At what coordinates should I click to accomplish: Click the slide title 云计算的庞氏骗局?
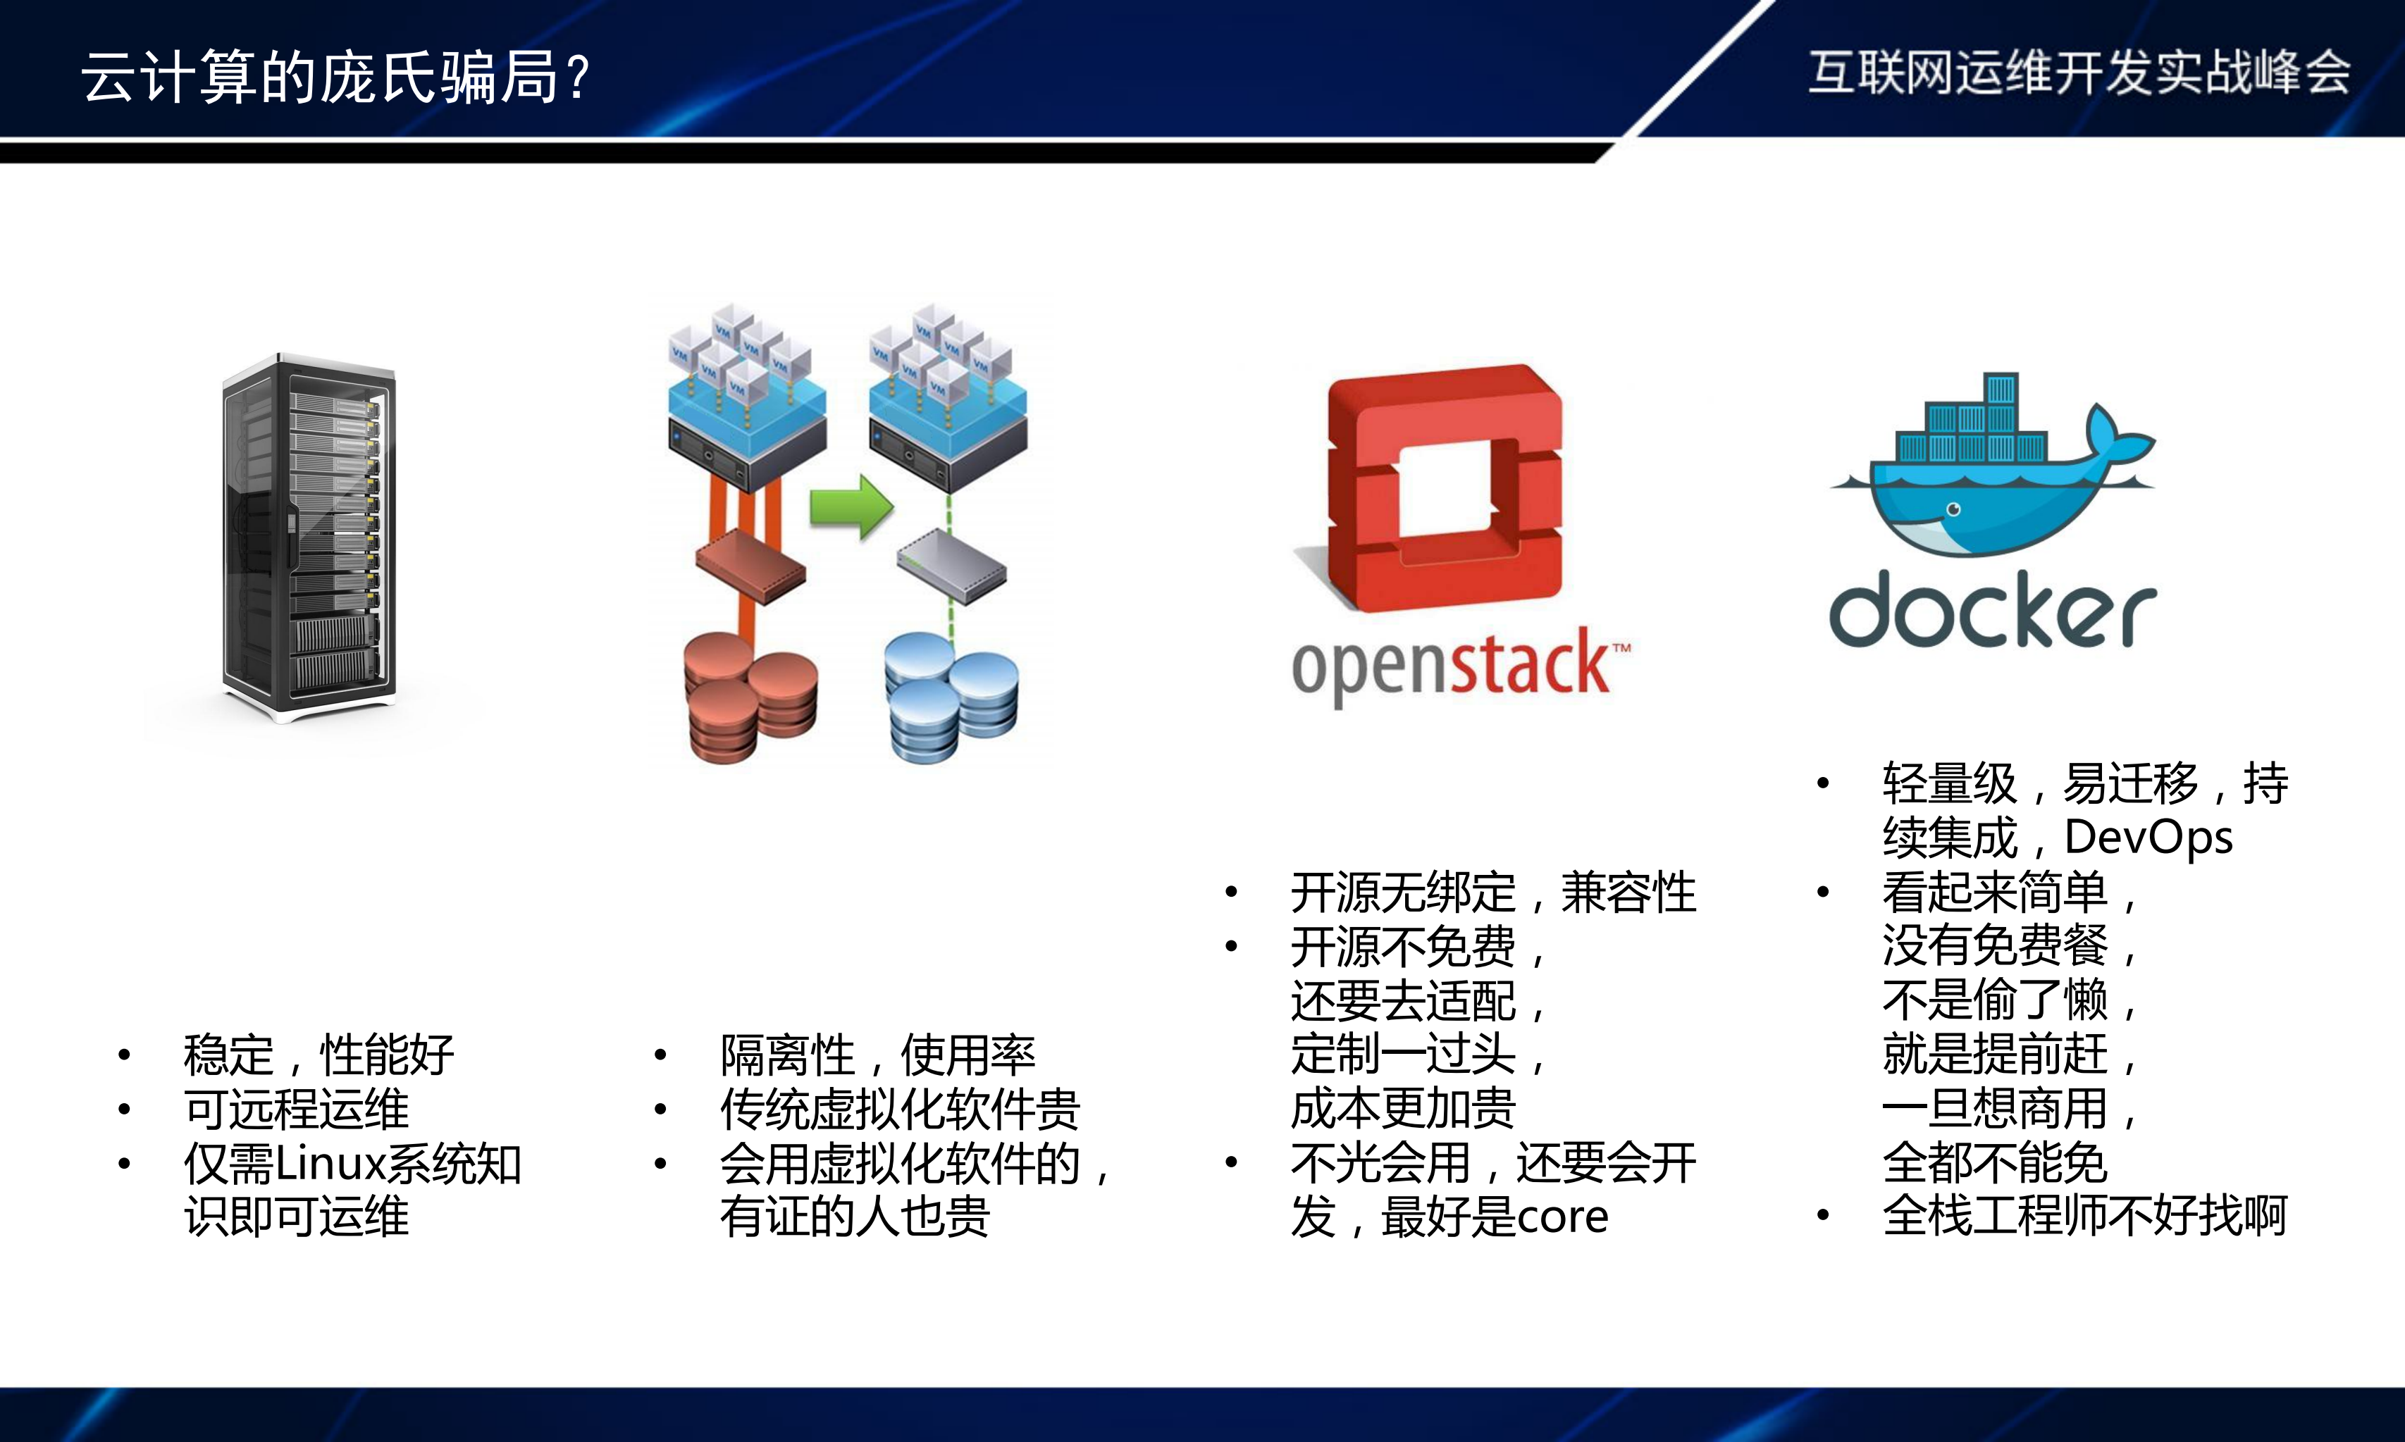pos(335,77)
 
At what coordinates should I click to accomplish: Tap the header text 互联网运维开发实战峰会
pos(2079,73)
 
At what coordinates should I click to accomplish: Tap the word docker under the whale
pos(1992,610)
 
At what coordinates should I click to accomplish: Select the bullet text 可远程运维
pos(297,1109)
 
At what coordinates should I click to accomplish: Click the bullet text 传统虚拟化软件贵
pos(900,1109)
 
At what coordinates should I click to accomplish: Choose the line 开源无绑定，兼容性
pos(1492,892)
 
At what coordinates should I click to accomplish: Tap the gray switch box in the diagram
pos(951,566)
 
